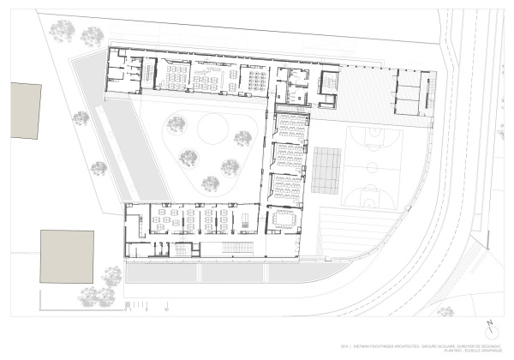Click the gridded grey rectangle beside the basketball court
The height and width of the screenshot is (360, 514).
(326, 169)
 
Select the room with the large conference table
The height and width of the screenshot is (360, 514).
(283, 219)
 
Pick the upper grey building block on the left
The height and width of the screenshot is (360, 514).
(26, 111)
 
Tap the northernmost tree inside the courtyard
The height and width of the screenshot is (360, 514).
(176, 125)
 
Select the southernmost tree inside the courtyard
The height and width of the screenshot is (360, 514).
(210, 183)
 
